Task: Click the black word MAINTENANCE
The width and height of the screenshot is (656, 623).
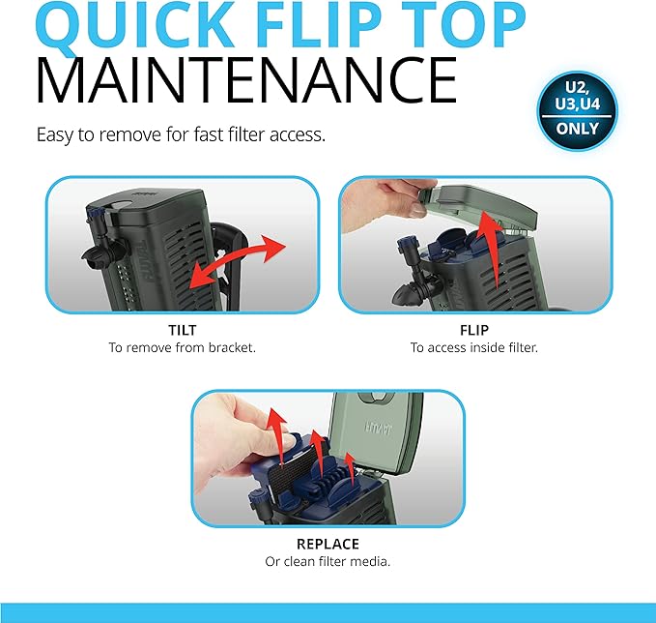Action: (x=246, y=81)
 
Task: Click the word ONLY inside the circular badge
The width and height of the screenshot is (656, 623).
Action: (x=578, y=129)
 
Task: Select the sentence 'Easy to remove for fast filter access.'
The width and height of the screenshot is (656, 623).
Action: (x=181, y=134)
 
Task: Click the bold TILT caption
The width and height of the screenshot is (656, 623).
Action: (x=182, y=330)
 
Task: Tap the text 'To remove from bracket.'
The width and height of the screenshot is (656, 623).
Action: (x=182, y=347)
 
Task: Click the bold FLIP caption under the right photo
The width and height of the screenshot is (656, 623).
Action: (x=474, y=330)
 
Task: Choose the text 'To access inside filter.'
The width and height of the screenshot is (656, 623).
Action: (x=474, y=347)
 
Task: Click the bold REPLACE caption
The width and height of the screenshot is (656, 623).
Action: (x=328, y=544)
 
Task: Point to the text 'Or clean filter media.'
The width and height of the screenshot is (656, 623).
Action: (x=328, y=561)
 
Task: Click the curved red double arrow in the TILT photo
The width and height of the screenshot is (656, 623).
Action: (x=238, y=259)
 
